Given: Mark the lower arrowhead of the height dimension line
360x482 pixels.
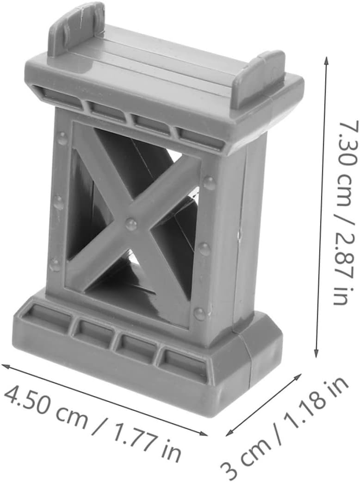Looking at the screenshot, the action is coord(317,354).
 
